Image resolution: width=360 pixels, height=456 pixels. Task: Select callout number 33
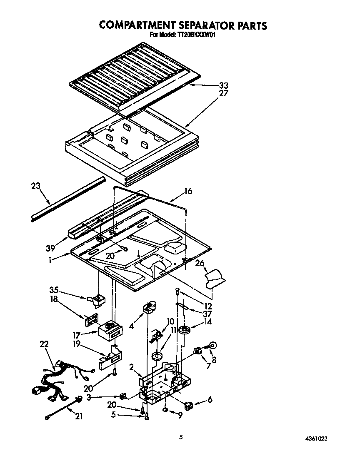click(224, 86)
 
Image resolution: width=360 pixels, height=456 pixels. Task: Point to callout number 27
click(224, 94)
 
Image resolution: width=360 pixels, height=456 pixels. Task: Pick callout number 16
click(188, 191)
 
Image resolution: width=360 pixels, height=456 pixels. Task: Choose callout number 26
click(200, 263)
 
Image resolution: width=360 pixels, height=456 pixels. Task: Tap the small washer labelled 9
click(166, 410)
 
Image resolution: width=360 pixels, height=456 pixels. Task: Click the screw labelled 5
click(146, 417)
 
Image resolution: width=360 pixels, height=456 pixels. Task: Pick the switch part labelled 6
click(189, 404)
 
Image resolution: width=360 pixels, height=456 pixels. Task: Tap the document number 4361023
click(320, 439)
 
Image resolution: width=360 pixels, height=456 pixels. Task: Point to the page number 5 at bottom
click(180, 437)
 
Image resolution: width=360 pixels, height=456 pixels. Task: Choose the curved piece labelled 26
click(215, 277)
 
